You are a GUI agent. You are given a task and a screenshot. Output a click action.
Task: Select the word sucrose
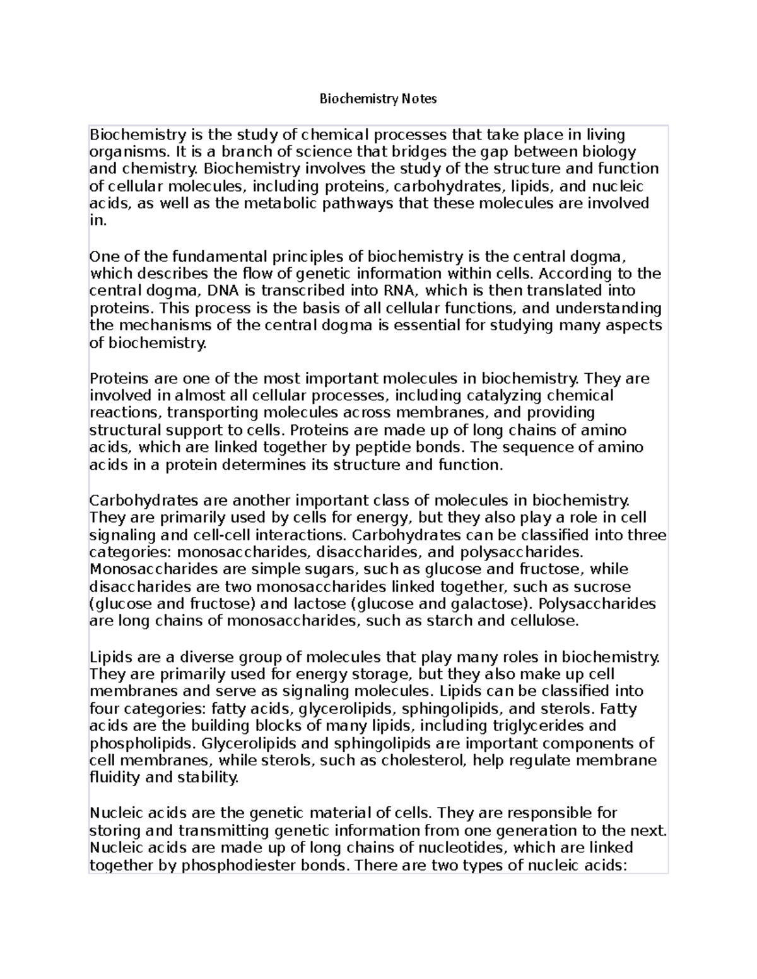point(601,587)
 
